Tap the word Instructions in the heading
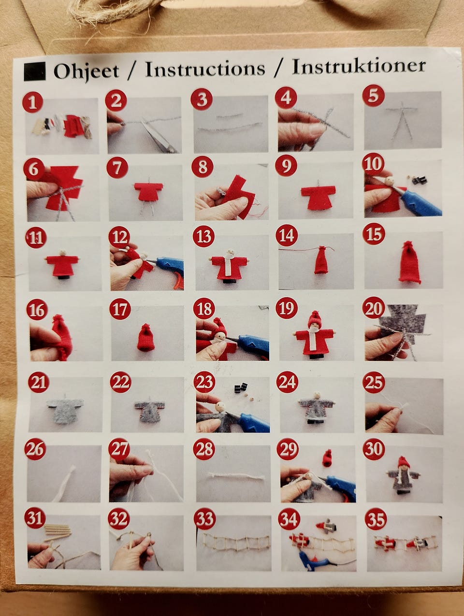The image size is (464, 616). click(x=205, y=69)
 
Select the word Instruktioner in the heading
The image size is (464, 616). click(x=359, y=67)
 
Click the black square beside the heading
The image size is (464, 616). click(x=34, y=72)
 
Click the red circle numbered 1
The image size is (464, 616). click(x=33, y=102)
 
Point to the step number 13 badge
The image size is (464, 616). click(x=203, y=236)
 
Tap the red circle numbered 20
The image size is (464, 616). click(x=373, y=308)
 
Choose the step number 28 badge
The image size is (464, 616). click(x=204, y=449)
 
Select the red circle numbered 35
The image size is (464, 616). click(x=376, y=519)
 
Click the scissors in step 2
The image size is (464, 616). click(x=159, y=136)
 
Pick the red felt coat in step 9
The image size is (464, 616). click(x=318, y=197)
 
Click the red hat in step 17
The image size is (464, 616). click(x=145, y=338)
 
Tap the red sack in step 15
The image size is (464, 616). click(x=409, y=262)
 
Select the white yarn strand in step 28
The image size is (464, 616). click(x=236, y=475)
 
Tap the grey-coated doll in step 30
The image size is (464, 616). click(x=403, y=475)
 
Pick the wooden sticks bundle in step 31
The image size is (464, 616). click(x=57, y=530)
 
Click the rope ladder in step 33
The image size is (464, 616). click(x=236, y=542)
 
